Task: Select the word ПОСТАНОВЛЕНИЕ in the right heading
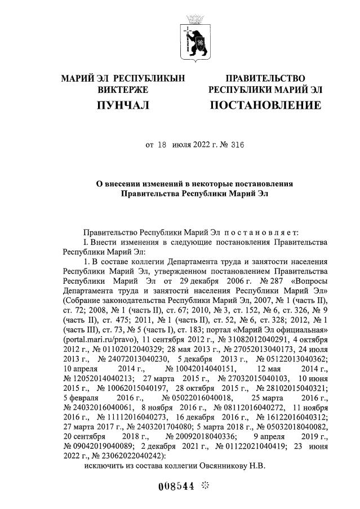(x=265, y=105)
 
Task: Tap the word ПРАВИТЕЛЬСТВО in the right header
(x=265, y=78)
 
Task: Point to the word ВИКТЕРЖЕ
(x=123, y=90)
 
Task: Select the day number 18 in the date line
(x=162, y=144)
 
